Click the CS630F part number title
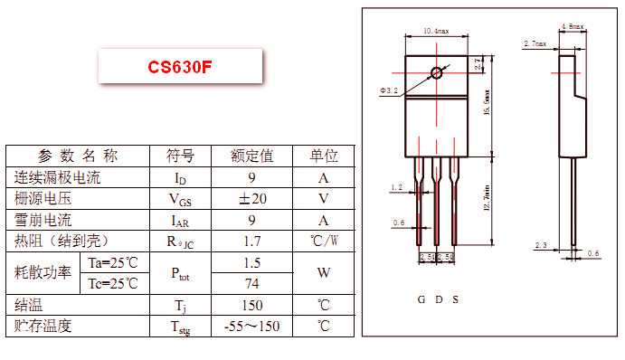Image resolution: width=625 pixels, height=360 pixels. click(x=181, y=68)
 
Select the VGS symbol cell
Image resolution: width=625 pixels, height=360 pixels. click(x=181, y=199)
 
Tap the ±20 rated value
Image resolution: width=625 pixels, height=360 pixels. click(x=252, y=199)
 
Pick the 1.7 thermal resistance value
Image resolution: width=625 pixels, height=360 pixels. click(x=252, y=242)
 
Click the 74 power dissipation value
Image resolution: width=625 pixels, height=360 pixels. click(x=252, y=283)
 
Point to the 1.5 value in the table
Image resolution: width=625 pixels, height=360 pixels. click(x=252, y=262)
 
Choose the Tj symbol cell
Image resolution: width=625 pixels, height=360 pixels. click(x=181, y=305)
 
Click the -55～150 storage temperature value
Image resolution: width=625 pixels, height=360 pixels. click(x=252, y=326)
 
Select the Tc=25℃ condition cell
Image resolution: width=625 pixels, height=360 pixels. click(x=113, y=283)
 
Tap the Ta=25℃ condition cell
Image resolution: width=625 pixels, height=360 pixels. click(x=113, y=262)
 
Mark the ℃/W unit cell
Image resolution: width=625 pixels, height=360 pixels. click(x=324, y=242)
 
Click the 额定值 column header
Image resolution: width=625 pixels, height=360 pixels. click(x=252, y=156)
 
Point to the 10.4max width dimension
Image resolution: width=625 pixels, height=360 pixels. click(x=437, y=31)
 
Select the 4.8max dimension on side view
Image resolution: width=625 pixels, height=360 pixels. click(x=573, y=26)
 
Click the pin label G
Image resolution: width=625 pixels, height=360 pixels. click(x=421, y=299)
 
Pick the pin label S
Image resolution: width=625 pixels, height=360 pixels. click(x=455, y=299)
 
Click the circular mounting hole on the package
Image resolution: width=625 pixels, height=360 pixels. click(x=438, y=72)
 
